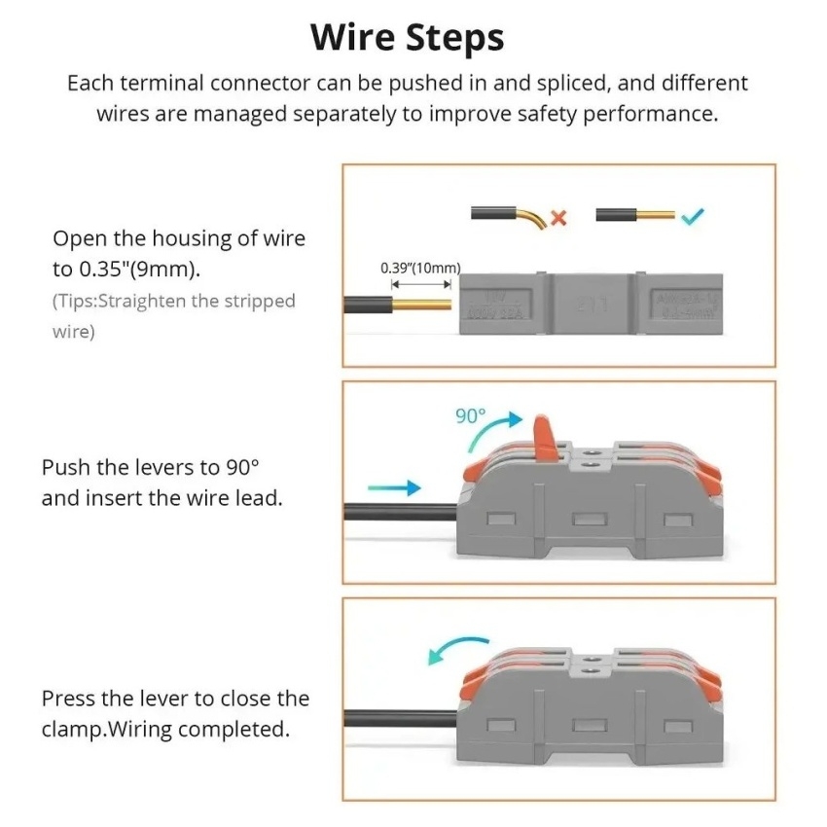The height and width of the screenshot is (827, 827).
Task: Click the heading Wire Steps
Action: point(408,38)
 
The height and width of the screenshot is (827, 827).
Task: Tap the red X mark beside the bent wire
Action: point(558,216)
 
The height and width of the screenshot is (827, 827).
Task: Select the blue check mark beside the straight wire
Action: point(694,216)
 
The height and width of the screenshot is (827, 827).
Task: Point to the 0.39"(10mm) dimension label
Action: point(420,268)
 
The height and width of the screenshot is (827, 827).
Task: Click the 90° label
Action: point(470,415)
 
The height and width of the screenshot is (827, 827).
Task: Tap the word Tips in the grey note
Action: point(78,302)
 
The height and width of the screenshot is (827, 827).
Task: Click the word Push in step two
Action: point(63,467)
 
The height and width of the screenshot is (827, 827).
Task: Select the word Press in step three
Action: point(67,699)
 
